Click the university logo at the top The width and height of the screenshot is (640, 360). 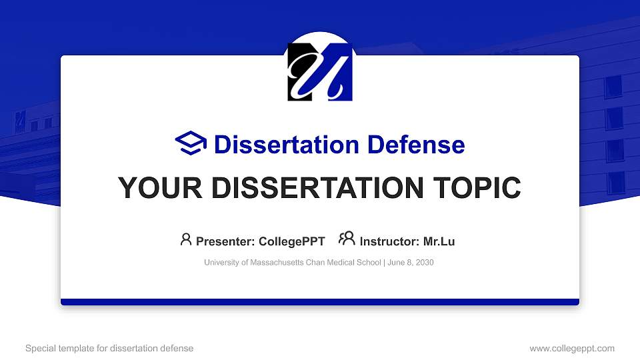[x=320, y=71]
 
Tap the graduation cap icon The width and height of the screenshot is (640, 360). [x=191, y=143]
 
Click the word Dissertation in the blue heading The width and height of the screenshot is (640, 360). [x=279, y=145]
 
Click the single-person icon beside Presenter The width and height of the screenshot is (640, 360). [x=186, y=239]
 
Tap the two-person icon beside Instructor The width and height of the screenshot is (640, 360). [x=347, y=239]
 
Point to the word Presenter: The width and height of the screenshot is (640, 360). [x=226, y=241]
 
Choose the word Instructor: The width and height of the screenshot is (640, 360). [x=389, y=241]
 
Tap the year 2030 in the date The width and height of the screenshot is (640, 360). [x=424, y=263]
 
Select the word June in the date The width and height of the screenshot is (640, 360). [x=396, y=263]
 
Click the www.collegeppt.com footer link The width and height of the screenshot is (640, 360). [x=572, y=348]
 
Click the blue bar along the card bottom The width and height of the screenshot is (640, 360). [x=320, y=302]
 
